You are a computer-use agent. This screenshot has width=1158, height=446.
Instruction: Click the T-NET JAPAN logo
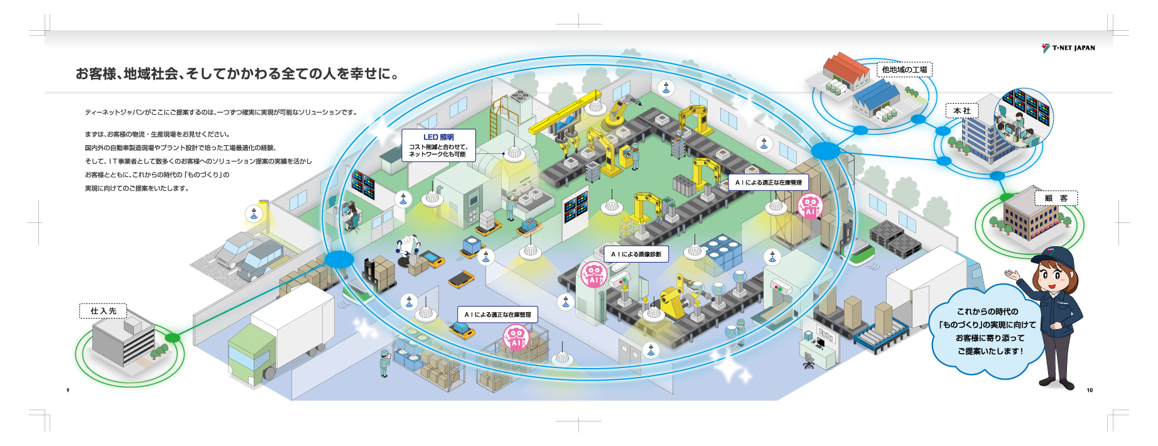click(x=1068, y=48)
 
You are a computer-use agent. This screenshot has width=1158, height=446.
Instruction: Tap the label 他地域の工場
click(x=904, y=70)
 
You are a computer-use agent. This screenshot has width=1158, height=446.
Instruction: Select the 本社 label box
click(x=962, y=111)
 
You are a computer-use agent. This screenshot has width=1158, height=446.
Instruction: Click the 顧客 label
click(x=1056, y=198)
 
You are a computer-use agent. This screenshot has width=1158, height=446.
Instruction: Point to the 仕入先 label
click(x=103, y=311)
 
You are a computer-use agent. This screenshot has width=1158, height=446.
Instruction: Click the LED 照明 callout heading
click(x=438, y=137)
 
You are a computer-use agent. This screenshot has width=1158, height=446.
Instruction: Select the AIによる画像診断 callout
click(x=636, y=254)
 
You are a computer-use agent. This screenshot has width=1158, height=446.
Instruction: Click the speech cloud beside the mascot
click(x=988, y=331)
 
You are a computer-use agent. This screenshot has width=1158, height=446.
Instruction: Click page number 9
click(x=68, y=390)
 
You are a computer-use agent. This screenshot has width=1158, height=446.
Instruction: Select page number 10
click(x=1090, y=390)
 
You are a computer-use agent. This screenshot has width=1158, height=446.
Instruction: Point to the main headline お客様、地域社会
click(x=237, y=73)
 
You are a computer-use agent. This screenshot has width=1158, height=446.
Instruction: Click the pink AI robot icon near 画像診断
click(x=593, y=275)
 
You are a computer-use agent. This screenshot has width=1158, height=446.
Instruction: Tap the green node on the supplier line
click(x=172, y=338)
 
